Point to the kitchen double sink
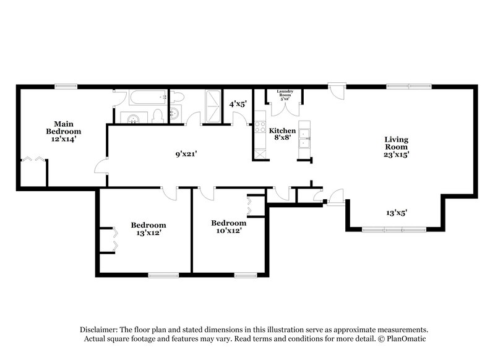pyautogui.click(x=304, y=140)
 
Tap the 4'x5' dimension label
pyautogui.click(x=238, y=105)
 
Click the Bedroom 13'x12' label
pyautogui.click(x=148, y=229)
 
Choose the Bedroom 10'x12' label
pyautogui.click(x=228, y=226)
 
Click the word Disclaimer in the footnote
pyautogui.click(x=100, y=330)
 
